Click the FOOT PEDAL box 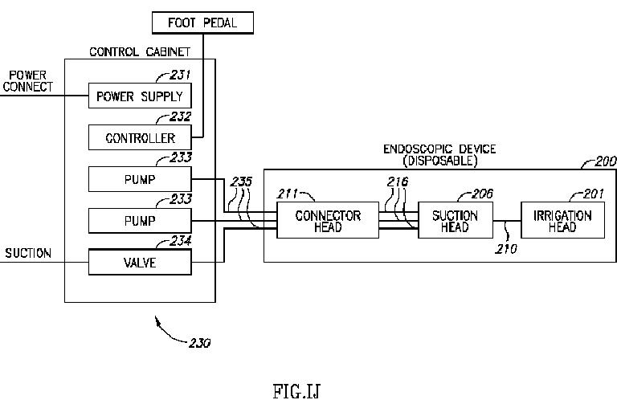pyautogui.click(x=203, y=22)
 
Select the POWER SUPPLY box pyautogui.click(x=140, y=96)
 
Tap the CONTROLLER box pyautogui.click(x=140, y=137)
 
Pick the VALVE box pyautogui.click(x=140, y=261)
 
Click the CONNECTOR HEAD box pyautogui.click(x=328, y=221)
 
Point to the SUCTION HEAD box pyautogui.click(x=456, y=221)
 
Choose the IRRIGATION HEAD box pyautogui.click(x=562, y=221)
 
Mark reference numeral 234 pyautogui.click(x=182, y=239)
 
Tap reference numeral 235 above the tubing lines pyautogui.click(x=240, y=182)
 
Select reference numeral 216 pyautogui.click(x=397, y=182)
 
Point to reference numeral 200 pyautogui.click(x=605, y=161)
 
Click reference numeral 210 pyautogui.click(x=505, y=249)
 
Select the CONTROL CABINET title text pyautogui.click(x=141, y=53)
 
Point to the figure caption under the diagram pyautogui.click(x=297, y=391)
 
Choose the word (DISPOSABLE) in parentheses pyautogui.click(x=441, y=160)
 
